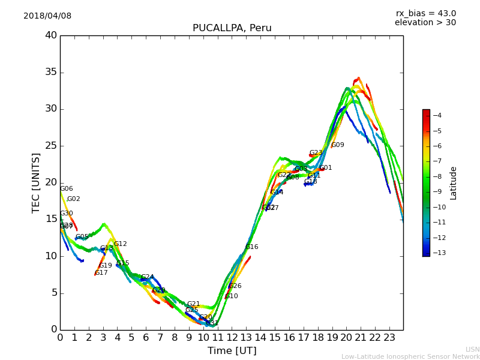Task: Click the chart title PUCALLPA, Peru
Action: (x=232, y=28)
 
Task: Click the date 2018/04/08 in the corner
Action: (x=47, y=16)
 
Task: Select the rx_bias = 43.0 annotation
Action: (x=425, y=13)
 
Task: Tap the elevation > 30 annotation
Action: (x=425, y=23)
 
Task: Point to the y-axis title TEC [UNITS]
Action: (x=36, y=182)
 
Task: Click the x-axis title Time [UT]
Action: (x=232, y=350)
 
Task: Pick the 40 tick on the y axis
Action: (x=51, y=35)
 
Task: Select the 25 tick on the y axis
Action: (x=51, y=146)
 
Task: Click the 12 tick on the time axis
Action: (x=232, y=337)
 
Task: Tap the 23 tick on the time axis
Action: (x=389, y=337)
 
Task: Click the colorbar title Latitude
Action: (x=454, y=182)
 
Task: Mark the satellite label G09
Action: (x=338, y=145)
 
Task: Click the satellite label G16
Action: (x=252, y=247)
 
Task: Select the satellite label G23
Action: (x=316, y=153)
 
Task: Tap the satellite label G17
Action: (x=101, y=273)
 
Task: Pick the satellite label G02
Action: (x=74, y=199)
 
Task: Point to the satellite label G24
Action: (x=148, y=277)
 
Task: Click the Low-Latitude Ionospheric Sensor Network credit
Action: (x=410, y=356)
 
